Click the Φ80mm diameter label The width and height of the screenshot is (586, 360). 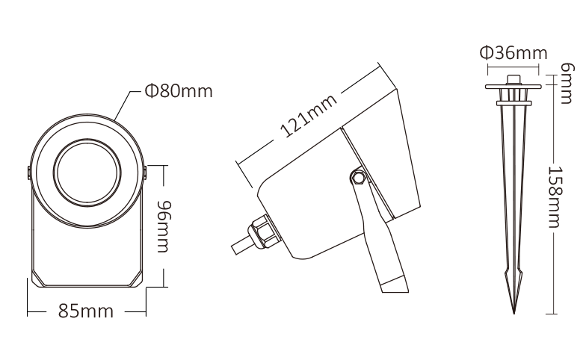pos(179,91)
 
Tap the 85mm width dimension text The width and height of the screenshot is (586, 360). pos(85,311)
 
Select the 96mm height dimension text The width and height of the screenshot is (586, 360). pos(163,226)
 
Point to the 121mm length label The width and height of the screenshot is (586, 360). pos(309,116)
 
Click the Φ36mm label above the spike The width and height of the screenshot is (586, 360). pos(513,53)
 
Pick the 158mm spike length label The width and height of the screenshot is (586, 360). pos(555,197)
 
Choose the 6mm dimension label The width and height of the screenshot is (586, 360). pos(567,83)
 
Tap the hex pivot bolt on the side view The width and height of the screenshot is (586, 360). pos(359,177)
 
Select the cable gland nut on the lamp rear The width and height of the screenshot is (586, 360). pos(263,232)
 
